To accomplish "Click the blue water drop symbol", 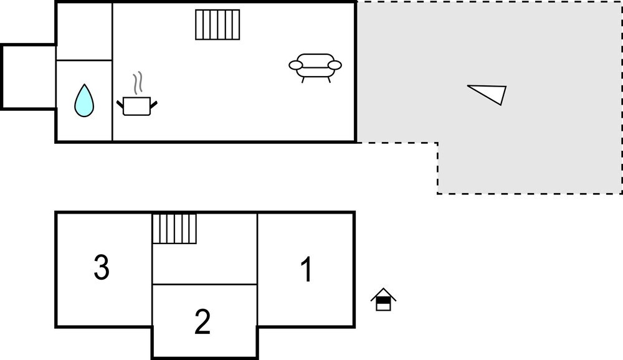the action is [84, 101].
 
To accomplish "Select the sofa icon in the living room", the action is [315, 68].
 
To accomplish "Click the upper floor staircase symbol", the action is [217, 25].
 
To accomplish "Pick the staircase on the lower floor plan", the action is [174, 229].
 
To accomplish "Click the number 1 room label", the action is [307, 270].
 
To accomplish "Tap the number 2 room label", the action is [202, 321].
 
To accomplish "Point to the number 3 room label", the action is [102, 267].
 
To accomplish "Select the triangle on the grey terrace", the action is [492, 93].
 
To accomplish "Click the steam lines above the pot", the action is [138, 83].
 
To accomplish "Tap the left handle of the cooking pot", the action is [120, 105].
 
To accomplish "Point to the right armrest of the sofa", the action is [335, 65].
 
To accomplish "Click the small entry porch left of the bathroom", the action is [29, 77].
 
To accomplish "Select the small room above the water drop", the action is [84, 31].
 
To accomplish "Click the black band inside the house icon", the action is [383, 301].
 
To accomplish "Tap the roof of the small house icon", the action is [383, 294].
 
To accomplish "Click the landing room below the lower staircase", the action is [205, 264].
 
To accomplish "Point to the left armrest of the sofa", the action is [296, 65].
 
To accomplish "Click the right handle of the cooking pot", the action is [154, 105].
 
